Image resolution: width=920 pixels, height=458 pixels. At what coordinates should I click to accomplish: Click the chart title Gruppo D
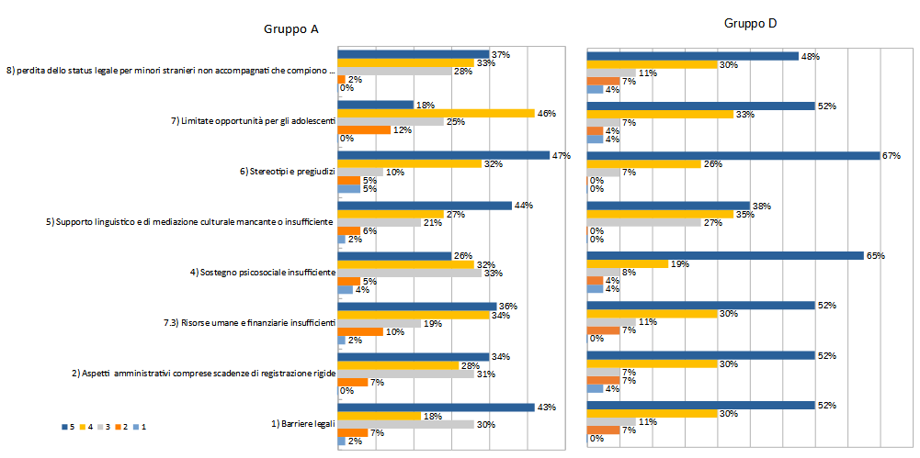point(751,23)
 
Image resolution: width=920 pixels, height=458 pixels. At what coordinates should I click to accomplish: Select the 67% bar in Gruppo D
point(734,155)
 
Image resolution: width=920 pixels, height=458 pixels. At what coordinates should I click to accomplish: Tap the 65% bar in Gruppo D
point(726,255)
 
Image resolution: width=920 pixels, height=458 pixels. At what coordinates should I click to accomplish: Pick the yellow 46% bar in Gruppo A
point(437,113)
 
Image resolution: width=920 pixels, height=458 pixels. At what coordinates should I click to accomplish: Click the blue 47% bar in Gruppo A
point(443,156)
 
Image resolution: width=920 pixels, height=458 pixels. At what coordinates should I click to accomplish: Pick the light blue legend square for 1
point(133,427)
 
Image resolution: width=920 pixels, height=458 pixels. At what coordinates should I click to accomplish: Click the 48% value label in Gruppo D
point(810,56)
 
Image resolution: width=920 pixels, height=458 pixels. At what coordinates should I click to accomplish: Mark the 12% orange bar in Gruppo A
point(364,129)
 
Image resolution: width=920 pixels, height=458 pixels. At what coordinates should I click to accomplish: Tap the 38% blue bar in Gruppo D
point(669,206)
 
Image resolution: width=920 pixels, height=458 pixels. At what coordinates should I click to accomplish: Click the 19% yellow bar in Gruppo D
point(628,263)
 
